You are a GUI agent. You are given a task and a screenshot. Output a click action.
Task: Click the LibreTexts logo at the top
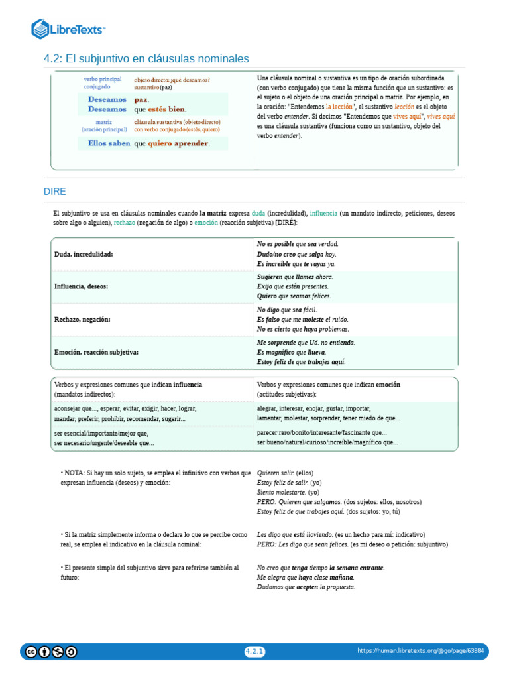point(68,29)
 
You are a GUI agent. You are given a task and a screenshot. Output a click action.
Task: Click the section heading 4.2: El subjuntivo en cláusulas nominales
point(146,59)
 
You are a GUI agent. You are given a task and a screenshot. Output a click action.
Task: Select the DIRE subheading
point(55,192)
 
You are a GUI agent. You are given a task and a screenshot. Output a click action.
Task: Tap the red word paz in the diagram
point(142,99)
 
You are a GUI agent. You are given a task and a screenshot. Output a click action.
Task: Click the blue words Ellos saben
point(109,143)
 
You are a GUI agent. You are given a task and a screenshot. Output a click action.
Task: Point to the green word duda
point(258,214)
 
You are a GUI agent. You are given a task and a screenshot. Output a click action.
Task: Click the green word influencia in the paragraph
point(323,214)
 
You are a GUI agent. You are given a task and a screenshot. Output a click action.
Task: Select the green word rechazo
point(124,223)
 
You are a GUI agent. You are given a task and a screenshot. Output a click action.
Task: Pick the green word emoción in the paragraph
point(205,223)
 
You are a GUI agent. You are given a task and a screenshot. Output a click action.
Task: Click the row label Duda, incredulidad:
point(84,254)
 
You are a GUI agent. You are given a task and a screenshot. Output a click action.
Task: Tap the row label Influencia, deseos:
point(81,286)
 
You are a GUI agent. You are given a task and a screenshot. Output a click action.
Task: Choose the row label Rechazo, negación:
point(82,320)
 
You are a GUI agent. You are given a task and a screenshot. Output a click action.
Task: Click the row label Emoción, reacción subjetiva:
point(96,353)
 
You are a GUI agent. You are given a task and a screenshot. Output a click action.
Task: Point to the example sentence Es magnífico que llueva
point(292,353)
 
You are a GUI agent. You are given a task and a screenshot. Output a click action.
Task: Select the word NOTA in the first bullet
point(74,473)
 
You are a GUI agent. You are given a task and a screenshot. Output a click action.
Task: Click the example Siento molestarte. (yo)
point(288,493)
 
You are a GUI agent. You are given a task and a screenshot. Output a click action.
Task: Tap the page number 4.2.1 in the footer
point(254,652)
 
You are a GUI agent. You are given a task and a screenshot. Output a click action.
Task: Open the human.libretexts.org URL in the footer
point(420,652)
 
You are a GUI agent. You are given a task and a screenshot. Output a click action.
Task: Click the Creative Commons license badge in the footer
point(51,652)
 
